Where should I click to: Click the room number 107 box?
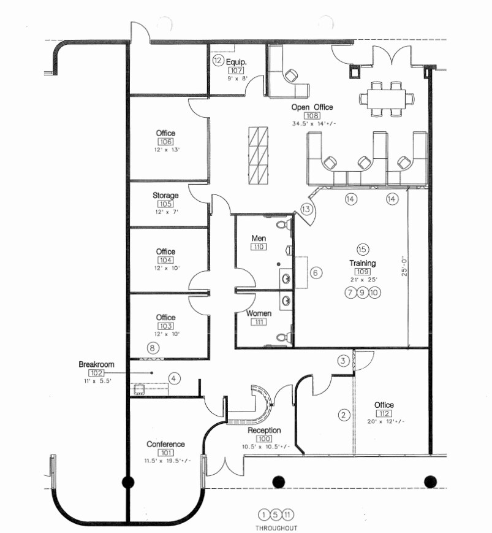coord(235,70)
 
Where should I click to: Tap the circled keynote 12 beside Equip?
coord(218,61)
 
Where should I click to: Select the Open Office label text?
coord(312,107)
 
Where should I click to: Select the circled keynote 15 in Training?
coord(362,249)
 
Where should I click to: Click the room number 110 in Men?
coord(258,247)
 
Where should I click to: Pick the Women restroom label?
coord(259,313)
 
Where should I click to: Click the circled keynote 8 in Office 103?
coord(153,348)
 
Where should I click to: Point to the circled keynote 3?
coord(344,361)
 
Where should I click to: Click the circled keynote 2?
coord(344,415)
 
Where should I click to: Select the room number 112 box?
coord(384,413)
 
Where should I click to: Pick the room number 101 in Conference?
coord(165,453)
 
